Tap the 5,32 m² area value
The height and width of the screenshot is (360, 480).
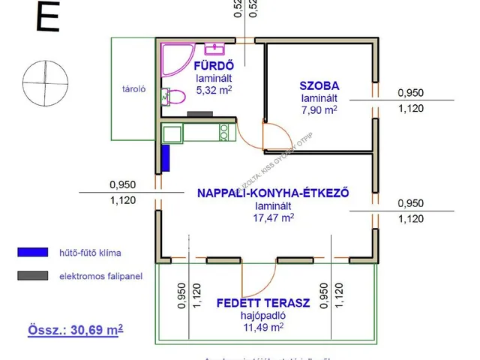pos(213,90)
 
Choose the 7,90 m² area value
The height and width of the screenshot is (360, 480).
pos(318,109)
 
